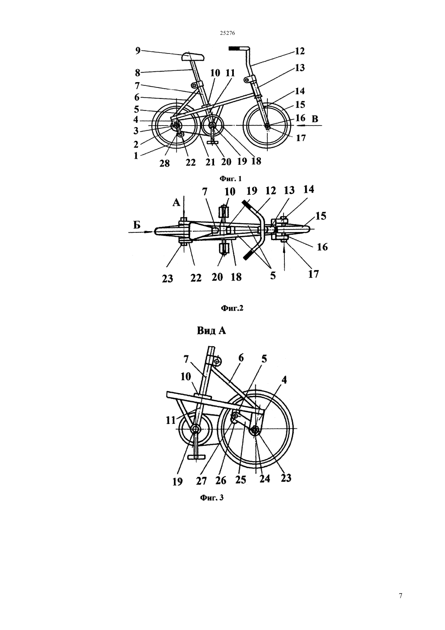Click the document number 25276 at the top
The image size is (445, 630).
[x=227, y=33]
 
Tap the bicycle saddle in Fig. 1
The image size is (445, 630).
[x=193, y=57]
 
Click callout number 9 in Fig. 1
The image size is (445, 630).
[x=138, y=51]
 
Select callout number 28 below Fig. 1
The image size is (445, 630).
[x=165, y=163]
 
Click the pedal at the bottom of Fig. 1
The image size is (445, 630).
[x=213, y=143]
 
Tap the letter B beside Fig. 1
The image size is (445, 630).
[x=315, y=119]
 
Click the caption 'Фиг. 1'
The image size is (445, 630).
[x=230, y=179]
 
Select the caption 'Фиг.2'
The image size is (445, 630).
[x=232, y=308]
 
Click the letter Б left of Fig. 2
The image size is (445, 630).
[x=137, y=225]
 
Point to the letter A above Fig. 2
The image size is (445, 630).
[x=176, y=202]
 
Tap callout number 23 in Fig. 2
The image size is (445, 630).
[x=167, y=279]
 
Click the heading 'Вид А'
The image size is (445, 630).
[x=211, y=330]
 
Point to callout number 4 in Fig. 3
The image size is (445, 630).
[x=284, y=380]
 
